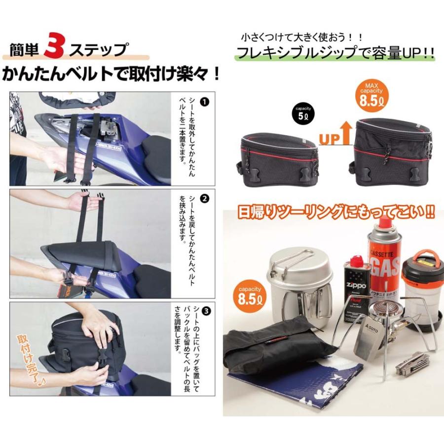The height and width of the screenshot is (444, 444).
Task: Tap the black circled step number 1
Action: tap(206, 103)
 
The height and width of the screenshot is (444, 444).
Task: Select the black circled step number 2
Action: tap(206, 199)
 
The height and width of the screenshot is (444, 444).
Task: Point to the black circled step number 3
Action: tap(206, 310)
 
